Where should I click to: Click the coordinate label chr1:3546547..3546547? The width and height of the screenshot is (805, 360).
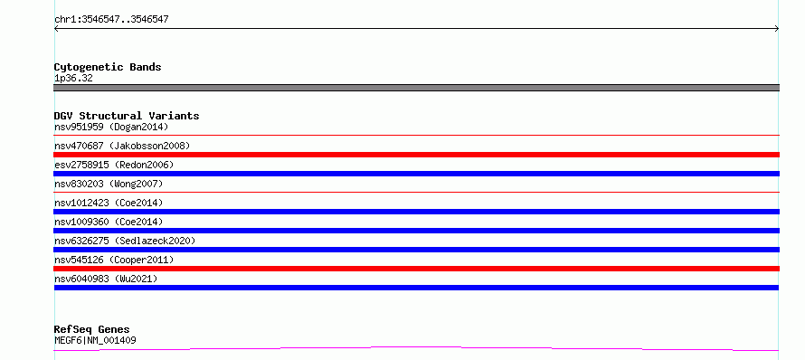pos(111,20)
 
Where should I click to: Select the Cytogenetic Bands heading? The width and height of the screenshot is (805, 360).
pos(108,67)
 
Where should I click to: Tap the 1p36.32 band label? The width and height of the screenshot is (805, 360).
pos(73,79)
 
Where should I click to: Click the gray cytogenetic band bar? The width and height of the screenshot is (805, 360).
pos(416,88)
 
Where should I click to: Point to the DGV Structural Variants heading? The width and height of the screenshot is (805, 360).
pos(127,116)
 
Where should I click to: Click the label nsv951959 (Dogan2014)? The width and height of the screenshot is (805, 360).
pos(111,127)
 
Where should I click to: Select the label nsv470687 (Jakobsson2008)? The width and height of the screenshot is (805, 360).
pos(122,146)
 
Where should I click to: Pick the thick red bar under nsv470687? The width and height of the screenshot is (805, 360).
pos(416,155)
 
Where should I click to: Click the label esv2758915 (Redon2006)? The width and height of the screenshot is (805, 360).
pos(114,165)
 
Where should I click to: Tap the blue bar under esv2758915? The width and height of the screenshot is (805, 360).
pos(416,174)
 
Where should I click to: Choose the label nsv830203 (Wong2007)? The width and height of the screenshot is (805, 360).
pos(109,184)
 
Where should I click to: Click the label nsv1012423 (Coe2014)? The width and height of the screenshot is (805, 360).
pos(109,203)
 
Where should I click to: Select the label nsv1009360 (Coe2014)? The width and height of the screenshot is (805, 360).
pos(109,222)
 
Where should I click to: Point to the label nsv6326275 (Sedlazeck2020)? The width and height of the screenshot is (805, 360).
pos(125,241)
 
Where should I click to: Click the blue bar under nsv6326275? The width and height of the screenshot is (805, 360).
pos(416,250)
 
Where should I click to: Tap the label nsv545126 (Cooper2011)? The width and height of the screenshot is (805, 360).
pos(114,260)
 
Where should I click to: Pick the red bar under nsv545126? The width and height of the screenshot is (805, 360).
pos(416,269)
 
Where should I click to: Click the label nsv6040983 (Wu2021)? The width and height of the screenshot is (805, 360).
pos(106,279)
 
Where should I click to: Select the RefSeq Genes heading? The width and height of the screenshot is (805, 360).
pos(92,329)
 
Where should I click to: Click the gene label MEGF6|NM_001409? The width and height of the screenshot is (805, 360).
pos(95,340)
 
